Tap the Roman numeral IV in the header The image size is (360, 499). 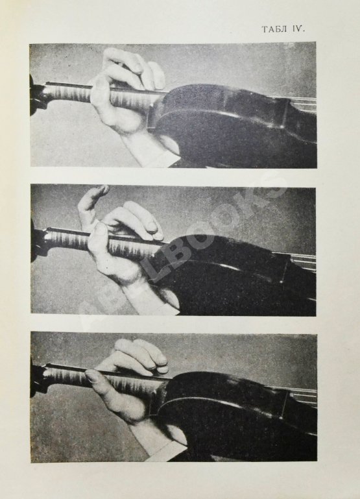(x=297, y=29)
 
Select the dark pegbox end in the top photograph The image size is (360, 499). (x=35, y=95)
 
